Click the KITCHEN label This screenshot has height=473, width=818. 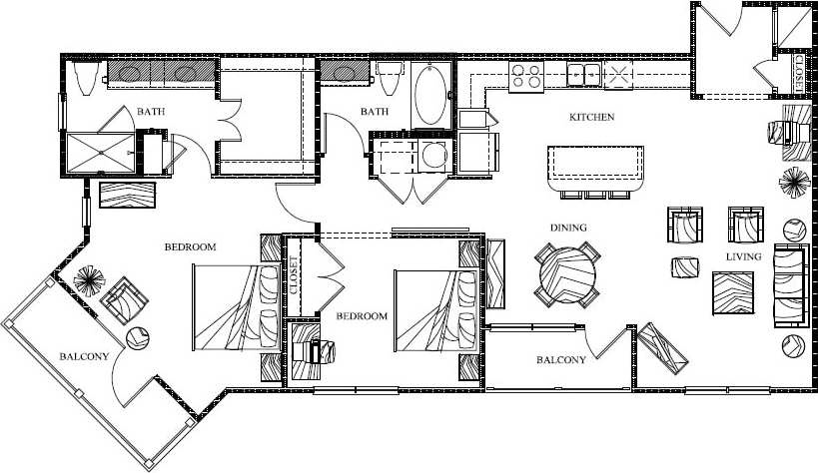point(591,118)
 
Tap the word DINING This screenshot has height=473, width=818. point(566,228)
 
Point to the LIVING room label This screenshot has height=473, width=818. point(744,257)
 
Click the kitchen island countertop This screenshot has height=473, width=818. point(595,163)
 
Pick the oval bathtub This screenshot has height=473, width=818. point(431,93)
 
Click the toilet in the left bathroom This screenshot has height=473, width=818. point(84,78)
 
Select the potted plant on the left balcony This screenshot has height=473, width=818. point(89,278)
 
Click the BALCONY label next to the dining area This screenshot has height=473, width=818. point(560,360)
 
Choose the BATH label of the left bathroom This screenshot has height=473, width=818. point(152,112)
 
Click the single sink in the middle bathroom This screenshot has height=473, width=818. point(347,73)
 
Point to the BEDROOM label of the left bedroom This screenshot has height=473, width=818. point(190,246)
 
